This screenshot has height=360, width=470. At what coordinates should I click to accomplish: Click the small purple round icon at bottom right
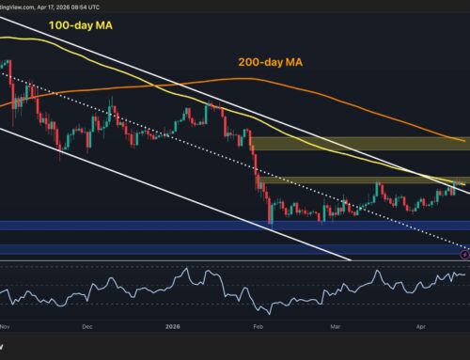[464, 253]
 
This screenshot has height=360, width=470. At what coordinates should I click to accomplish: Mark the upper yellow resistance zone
[357, 143]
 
